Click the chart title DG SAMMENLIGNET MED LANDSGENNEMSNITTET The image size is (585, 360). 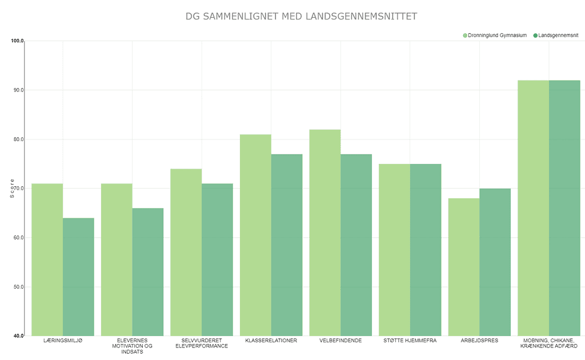click(301, 17)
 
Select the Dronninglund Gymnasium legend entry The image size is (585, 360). click(495, 35)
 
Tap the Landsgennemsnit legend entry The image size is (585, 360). click(556, 35)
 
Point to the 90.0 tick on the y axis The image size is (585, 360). click(17, 90)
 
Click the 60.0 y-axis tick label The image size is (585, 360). click(17, 238)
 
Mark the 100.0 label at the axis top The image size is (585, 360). click(17, 41)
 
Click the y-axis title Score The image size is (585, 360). click(12, 189)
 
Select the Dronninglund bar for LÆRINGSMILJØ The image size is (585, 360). click(47, 259)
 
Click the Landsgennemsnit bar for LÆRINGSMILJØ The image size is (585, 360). click(78, 277)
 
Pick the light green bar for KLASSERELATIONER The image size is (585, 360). click(255, 235)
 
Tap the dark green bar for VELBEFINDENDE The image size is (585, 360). click(356, 245)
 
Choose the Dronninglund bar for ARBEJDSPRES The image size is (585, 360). click(464, 267)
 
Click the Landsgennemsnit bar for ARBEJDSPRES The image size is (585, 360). click(495, 262)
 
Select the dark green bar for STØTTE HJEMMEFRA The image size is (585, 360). click(426, 250)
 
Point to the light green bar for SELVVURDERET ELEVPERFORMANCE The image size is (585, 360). click(186, 252)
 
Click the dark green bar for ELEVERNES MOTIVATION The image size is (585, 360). click(148, 272)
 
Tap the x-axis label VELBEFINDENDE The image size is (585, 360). click(340, 341)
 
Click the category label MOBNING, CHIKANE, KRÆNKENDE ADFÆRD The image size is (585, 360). click(549, 343)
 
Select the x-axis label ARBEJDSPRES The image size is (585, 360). click(479, 341)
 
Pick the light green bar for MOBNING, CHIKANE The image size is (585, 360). click(533, 208)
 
